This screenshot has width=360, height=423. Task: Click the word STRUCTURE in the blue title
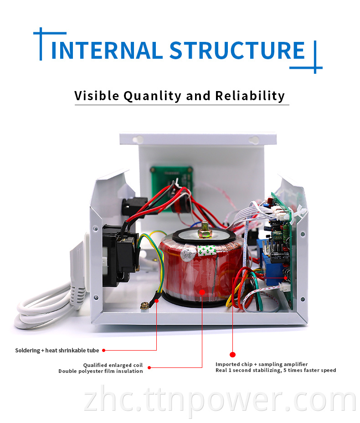(x=237, y=50)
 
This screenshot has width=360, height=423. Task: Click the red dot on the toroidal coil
(x=202, y=292)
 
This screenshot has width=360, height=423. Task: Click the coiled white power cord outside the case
(x=41, y=310)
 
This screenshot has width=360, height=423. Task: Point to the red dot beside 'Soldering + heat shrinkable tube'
(x=103, y=350)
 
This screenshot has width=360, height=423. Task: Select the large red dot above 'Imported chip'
(x=232, y=354)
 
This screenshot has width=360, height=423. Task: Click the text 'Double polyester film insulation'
(x=101, y=371)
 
